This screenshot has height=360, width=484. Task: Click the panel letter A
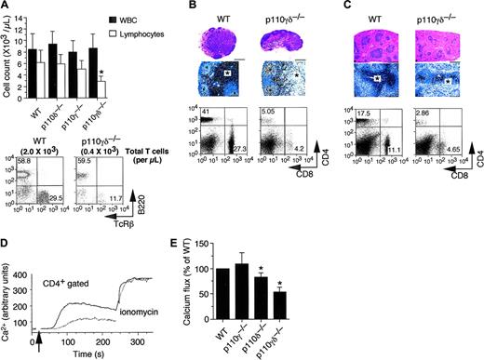(7, 7)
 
